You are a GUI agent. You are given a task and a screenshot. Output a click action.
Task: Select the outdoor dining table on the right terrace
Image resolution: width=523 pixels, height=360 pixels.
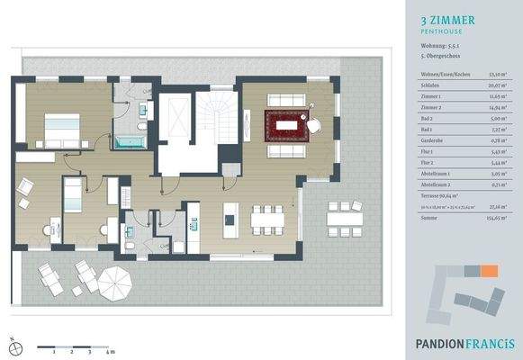pyautogui.click(x=340, y=217)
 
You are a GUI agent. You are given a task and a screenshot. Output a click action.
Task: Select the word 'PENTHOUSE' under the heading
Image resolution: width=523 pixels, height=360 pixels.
pyautogui.click(x=440, y=31)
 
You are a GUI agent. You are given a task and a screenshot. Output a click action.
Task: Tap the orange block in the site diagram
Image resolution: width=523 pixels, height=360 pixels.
pyautogui.click(x=490, y=271)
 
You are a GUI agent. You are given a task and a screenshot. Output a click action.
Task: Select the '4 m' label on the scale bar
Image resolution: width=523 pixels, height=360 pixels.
pyautogui.click(x=109, y=352)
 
